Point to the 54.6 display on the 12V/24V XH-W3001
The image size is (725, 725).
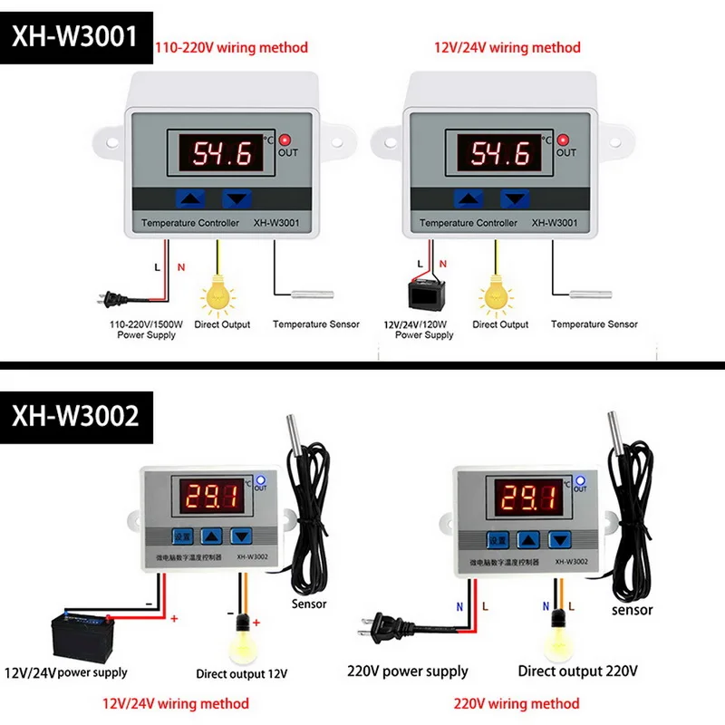(498, 152)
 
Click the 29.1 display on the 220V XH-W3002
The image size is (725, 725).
(527, 498)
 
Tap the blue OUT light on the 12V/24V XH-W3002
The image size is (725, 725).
(260, 479)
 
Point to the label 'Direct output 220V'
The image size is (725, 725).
(578, 672)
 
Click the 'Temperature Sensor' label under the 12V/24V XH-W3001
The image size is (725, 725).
(594, 324)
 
